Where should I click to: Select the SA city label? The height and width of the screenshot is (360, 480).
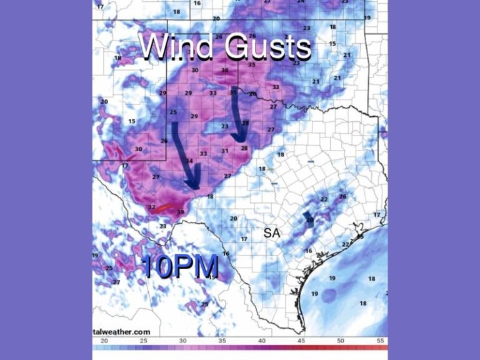[271, 233]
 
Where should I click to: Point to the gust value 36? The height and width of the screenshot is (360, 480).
[225, 70]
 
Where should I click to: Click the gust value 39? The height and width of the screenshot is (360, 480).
[181, 212]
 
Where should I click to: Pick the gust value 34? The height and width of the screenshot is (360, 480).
[189, 161]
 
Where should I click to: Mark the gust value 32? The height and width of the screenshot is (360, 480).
[151, 207]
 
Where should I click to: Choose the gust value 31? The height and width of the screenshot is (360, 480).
[224, 151]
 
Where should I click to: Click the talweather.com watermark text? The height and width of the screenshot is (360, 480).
[122, 332]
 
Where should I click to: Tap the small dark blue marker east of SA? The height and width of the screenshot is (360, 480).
[308, 217]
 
